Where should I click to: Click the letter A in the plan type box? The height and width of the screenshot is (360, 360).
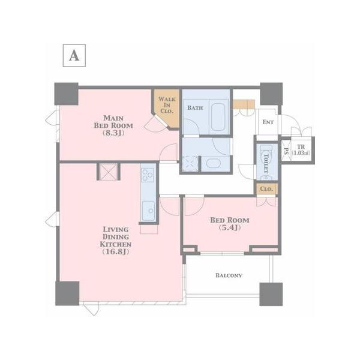(74, 56)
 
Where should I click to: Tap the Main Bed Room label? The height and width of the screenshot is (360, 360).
(113, 122)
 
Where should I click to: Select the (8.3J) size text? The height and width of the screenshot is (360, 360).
(113, 133)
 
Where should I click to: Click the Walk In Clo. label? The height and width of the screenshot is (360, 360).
(167, 105)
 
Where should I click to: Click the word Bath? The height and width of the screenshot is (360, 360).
(195, 107)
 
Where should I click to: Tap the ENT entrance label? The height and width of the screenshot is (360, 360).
(268, 122)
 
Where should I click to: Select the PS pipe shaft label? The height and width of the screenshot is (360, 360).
(286, 151)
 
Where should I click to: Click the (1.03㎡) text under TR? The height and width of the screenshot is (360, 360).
(301, 153)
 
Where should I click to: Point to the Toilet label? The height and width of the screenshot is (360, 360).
(266, 163)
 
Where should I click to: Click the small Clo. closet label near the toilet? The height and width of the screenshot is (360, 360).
(266, 189)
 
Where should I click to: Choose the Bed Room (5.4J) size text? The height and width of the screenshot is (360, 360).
(230, 227)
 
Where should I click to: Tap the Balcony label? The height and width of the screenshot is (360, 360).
(229, 275)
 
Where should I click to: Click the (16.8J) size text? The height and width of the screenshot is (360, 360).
(116, 252)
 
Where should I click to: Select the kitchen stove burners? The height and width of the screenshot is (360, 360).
(148, 175)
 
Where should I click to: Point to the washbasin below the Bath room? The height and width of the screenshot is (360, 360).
(213, 163)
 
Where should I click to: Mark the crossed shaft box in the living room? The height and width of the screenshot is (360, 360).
(108, 172)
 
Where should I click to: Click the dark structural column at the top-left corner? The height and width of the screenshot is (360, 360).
(67, 94)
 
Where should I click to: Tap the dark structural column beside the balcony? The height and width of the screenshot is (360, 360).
(271, 294)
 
